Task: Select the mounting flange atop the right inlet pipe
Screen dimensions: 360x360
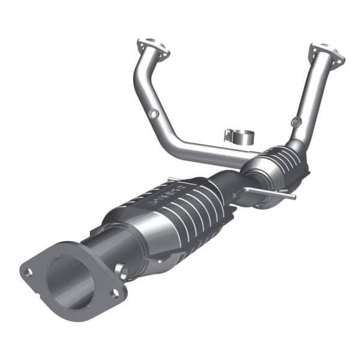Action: [x=328, y=53]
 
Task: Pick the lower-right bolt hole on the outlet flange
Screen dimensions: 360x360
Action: [x=114, y=293]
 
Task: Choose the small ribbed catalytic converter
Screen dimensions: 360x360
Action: [x=278, y=165]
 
